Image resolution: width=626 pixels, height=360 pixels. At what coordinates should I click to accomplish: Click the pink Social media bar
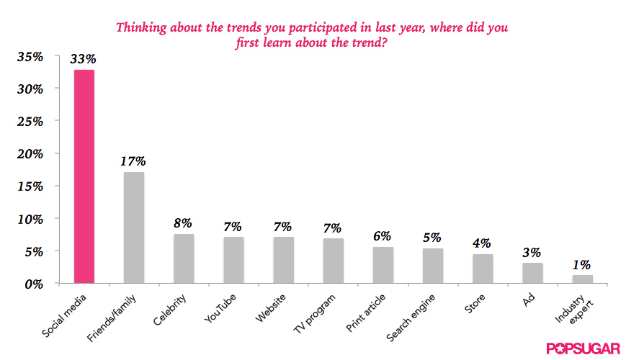(84, 176)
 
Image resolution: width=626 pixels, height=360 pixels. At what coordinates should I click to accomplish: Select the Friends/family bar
(133, 228)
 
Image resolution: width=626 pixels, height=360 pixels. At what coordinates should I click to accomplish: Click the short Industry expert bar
(582, 279)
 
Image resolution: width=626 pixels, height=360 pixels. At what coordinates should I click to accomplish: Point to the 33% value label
(84, 59)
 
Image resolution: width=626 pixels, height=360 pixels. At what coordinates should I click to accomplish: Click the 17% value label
(133, 161)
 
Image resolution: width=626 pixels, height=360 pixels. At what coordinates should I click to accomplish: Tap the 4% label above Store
(483, 243)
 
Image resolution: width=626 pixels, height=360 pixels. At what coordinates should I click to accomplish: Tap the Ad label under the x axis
(526, 300)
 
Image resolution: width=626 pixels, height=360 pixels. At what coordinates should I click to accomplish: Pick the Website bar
(283, 260)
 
